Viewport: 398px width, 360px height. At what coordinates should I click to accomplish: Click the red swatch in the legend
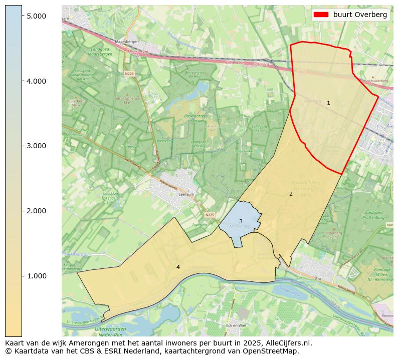pos(321,15)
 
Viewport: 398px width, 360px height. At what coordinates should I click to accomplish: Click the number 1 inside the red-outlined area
pos(328,103)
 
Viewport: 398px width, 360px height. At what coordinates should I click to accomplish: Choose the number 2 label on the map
pos(291,194)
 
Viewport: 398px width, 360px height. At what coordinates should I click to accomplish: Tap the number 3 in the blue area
pos(241,221)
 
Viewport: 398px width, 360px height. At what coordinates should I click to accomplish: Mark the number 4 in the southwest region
pos(178,267)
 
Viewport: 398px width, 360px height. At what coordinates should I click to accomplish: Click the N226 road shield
pos(129,74)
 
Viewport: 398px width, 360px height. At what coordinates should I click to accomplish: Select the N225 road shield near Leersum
pos(210,215)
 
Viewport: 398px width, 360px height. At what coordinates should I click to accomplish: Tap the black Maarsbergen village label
pos(126,42)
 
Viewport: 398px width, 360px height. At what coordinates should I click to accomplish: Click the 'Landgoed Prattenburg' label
pos(374,216)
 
